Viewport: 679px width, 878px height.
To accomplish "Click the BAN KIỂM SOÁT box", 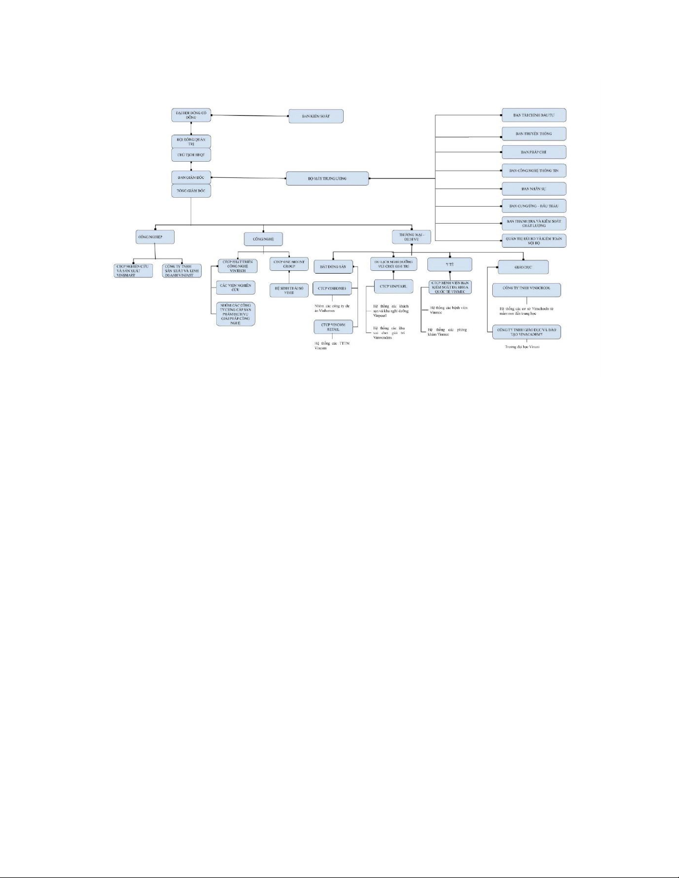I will (316, 116).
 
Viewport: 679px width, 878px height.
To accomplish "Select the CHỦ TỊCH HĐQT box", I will (191, 155).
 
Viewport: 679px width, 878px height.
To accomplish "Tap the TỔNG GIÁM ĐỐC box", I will (191, 191).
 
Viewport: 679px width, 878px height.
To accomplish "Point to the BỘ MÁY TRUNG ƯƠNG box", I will (327, 178).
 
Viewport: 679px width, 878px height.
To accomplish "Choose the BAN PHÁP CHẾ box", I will (534, 152).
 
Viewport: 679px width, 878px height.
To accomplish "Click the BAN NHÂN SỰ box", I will (534, 189).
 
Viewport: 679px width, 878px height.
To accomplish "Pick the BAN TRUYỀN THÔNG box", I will (534, 134).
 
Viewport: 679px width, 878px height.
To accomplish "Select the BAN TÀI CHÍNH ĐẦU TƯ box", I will (534, 115).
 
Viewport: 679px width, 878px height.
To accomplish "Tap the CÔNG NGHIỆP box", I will (156, 237).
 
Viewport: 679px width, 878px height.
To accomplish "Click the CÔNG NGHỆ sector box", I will (263, 239).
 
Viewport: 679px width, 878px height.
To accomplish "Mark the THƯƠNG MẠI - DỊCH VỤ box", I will (411, 237).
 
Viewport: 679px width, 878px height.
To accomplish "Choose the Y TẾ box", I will (450, 265).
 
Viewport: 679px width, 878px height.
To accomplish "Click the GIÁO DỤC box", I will (523, 267).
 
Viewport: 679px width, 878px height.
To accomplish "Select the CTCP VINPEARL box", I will (393, 286).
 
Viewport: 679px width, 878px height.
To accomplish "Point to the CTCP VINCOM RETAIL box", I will (333, 327).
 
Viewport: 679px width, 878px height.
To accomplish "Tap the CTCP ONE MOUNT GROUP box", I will (289, 264).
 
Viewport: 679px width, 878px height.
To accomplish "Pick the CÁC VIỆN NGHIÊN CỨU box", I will (236, 287).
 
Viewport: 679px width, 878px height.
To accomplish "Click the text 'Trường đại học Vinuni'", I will (522, 347).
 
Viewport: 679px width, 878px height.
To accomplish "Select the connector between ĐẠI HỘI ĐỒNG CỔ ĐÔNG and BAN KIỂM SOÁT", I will (249, 116).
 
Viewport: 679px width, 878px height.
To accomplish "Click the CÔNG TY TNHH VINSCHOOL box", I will (526, 289).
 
